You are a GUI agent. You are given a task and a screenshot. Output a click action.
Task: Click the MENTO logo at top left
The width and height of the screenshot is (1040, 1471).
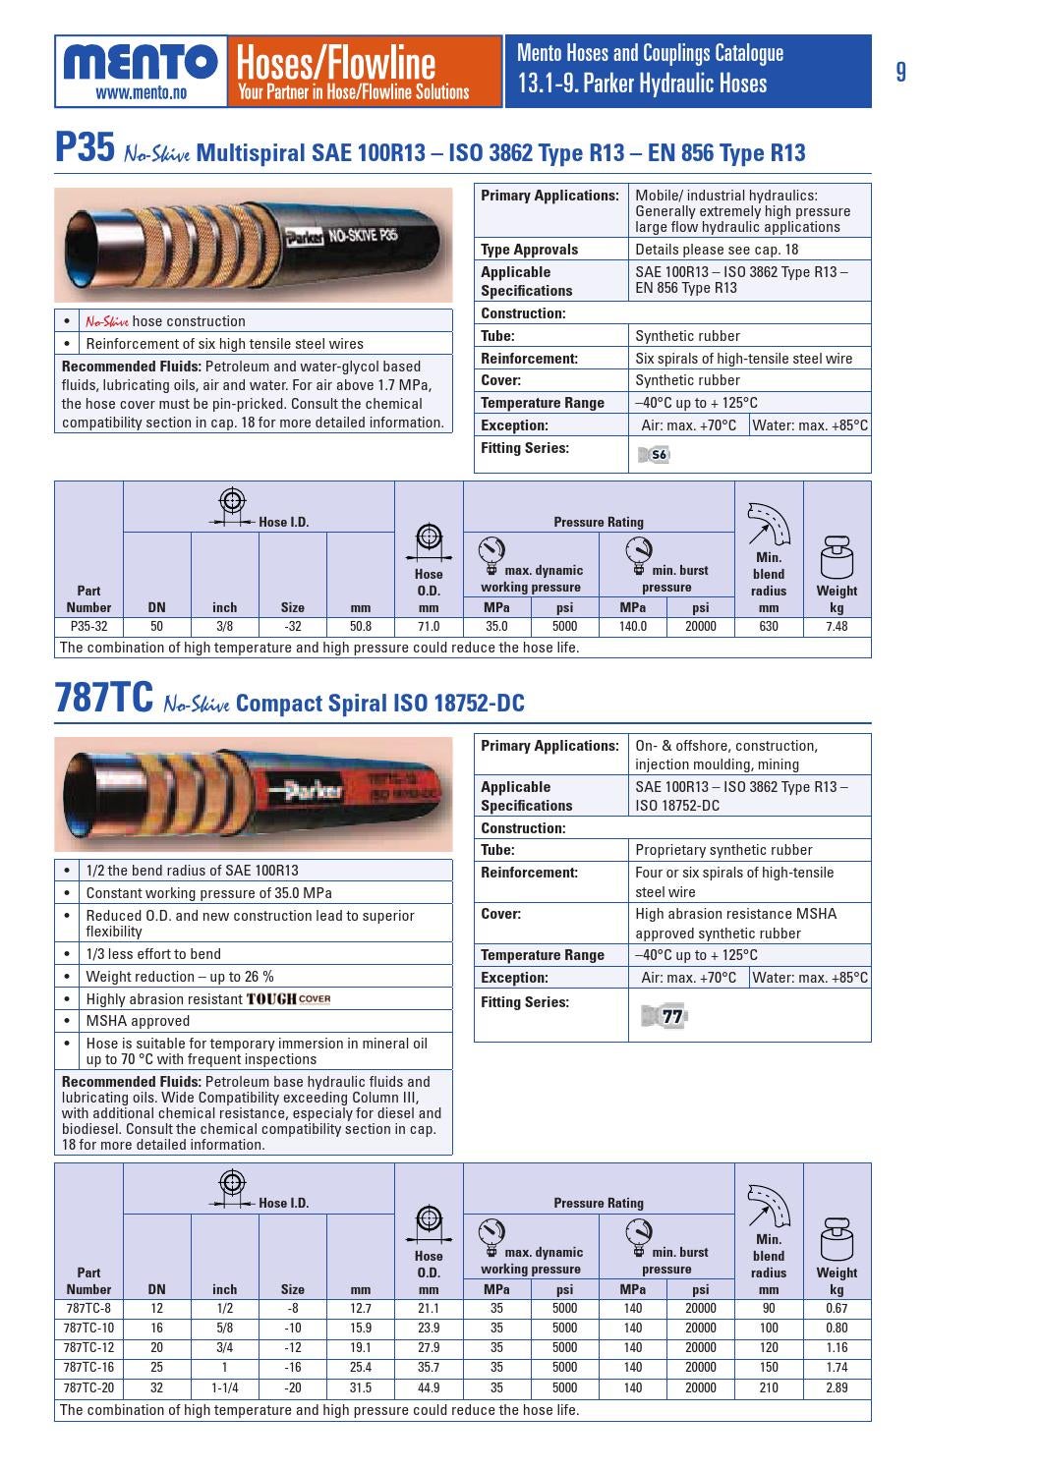[x=141, y=62]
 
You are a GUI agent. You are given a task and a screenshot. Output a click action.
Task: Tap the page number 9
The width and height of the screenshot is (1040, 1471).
[x=901, y=72]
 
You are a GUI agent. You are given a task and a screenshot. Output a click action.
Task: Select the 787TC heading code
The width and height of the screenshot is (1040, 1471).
[x=104, y=701]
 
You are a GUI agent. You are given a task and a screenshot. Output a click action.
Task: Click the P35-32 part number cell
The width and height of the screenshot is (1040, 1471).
[x=88, y=626]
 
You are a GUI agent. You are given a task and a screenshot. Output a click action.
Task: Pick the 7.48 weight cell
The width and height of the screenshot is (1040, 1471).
[x=837, y=626]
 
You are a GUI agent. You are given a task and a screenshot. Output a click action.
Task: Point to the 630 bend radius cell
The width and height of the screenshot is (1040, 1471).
[x=769, y=626]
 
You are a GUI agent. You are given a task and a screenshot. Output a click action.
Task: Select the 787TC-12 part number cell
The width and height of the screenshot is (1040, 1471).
[x=88, y=1348]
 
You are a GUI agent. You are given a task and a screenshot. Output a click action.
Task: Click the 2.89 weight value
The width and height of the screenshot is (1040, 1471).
[x=837, y=1387]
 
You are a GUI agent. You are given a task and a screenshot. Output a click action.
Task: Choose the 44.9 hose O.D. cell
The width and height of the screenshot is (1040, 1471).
[x=429, y=1387]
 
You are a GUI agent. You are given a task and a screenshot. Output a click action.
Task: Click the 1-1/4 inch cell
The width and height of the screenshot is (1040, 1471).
[x=225, y=1387]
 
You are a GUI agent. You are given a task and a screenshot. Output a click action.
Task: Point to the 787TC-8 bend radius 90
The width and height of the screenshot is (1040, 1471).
[x=769, y=1308]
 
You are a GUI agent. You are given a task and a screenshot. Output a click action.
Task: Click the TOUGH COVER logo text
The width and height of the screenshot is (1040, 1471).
[x=288, y=999]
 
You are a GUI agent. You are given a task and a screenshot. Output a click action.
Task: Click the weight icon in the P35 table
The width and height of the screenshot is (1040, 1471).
[x=837, y=557]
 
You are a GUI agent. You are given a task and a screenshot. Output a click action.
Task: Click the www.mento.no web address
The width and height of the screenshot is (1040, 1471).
[x=141, y=94]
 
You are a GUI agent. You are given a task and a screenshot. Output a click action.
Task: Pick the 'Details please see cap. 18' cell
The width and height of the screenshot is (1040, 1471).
[x=717, y=250]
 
